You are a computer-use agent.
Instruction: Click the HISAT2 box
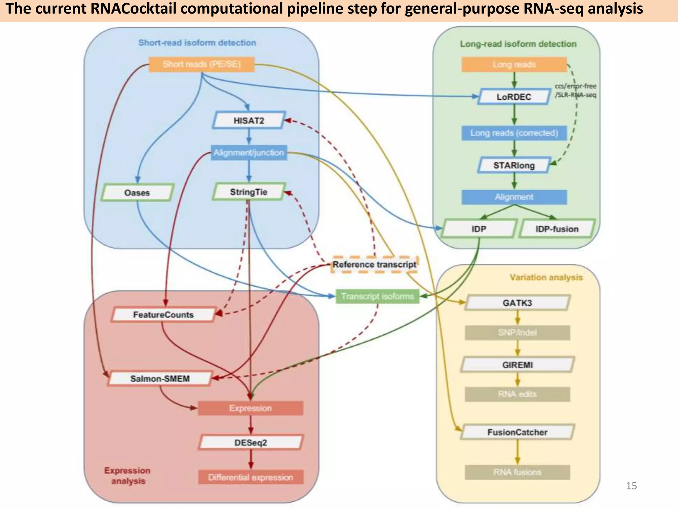click(249, 120)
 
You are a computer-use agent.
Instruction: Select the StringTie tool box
click(249, 192)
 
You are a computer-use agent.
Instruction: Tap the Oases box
click(137, 193)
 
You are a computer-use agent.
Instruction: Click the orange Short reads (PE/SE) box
click(202, 64)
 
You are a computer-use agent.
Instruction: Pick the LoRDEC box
click(514, 97)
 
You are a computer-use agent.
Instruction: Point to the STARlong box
click(514, 165)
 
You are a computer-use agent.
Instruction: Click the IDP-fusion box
click(557, 229)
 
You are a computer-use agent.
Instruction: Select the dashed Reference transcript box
click(374, 264)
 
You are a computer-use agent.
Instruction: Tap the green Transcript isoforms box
click(377, 296)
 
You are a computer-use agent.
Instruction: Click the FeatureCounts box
click(163, 314)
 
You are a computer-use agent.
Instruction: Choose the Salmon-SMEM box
click(160, 378)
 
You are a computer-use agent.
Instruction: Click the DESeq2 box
click(251, 442)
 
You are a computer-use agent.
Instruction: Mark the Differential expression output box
click(251, 477)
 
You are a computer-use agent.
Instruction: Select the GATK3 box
click(517, 303)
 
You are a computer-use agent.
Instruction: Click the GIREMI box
click(517, 365)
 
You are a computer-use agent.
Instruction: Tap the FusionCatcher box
click(517, 432)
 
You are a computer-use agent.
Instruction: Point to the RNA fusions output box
click(517, 472)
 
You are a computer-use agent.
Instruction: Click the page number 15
click(631, 486)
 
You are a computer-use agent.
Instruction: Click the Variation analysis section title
click(546, 277)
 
